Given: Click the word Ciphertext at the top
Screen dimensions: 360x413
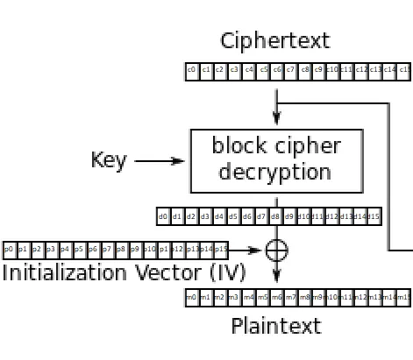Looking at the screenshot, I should click(274, 40).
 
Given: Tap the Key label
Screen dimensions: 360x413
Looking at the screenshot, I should click(109, 161).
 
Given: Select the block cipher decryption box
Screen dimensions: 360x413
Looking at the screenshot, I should click(276, 160).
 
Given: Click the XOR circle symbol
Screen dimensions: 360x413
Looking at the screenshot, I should click(276, 251).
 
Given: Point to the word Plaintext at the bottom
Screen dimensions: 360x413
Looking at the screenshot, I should click(275, 327).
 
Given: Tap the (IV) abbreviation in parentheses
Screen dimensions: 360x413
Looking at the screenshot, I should click(226, 273).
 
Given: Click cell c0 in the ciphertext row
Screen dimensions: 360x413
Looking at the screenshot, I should click(192, 71).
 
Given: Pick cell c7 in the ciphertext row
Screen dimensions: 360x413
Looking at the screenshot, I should click(291, 71).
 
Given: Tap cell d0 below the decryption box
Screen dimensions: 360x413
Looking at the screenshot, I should click(164, 215).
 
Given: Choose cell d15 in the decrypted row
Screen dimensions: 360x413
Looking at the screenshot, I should click(374, 215).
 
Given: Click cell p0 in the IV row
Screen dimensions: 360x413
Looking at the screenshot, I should click(10, 250).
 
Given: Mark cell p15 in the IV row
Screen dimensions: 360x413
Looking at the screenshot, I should click(221, 250).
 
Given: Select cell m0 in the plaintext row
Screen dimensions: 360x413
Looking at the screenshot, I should click(191, 299).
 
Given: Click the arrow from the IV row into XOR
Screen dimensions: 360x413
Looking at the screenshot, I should click(249, 251).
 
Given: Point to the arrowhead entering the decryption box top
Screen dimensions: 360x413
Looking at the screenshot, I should click(276, 122).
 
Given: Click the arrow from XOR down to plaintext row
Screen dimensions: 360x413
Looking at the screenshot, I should click(276, 275).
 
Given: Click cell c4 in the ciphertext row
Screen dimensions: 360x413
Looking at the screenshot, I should click(249, 71).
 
